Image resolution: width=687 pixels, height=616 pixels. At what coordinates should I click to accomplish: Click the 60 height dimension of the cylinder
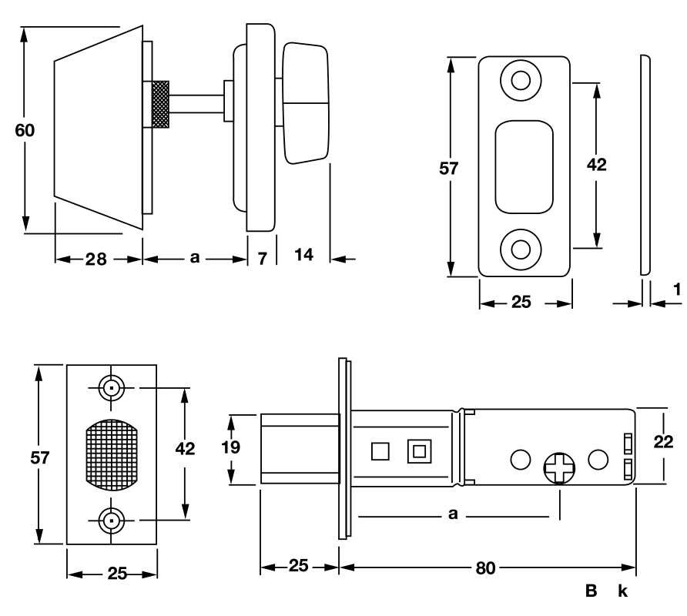coord(25,130)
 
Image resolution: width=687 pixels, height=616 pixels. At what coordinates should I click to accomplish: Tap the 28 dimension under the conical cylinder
coord(96,259)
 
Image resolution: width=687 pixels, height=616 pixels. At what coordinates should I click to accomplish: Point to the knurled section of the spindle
coord(161,103)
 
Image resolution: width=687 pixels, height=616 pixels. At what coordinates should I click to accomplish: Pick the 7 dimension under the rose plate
coord(262,259)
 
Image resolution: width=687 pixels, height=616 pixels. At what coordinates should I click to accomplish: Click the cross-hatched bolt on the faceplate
coord(112,456)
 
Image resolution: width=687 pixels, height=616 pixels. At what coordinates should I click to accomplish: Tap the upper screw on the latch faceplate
coord(112,388)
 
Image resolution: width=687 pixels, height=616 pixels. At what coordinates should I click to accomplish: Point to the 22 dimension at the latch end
coord(662,443)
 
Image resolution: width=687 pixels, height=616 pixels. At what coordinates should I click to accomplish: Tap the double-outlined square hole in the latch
coord(419,450)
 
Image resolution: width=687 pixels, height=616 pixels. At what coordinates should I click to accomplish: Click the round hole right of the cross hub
coord(598,460)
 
